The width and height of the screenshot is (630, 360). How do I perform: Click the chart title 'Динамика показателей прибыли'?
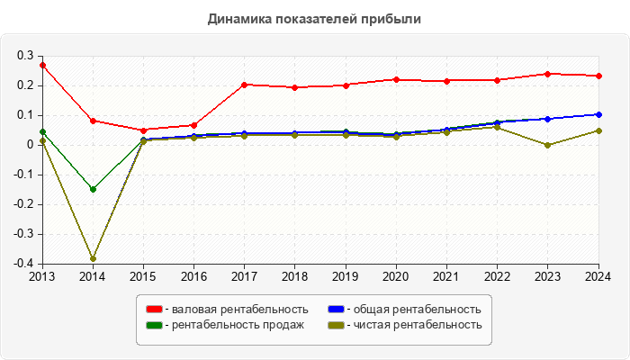coord(314,18)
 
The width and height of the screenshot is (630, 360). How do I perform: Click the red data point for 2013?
coord(42,65)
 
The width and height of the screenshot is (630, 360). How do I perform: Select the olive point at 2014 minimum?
coord(93,259)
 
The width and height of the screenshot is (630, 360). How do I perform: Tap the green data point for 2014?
coord(93,189)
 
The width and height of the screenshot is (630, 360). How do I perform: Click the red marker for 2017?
coord(245,85)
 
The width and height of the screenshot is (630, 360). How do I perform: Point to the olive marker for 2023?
coord(547,145)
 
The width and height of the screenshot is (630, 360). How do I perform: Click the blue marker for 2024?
coord(598,114)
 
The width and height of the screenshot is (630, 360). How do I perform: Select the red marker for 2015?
coord(143,130)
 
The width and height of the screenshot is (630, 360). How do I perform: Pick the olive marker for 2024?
coord(598,130)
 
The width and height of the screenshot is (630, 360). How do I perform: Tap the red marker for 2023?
coord(547,74)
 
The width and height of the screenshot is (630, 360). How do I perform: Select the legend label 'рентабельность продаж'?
coord(237,325)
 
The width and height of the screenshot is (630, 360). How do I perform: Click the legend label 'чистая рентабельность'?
coord(417,325)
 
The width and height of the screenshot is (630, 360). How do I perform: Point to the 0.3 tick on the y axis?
coord(24,56)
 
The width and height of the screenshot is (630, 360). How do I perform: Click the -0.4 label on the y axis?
coord(22,264)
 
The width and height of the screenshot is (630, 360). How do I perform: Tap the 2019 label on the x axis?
coord(346,275)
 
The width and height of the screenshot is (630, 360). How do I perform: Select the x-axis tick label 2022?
coord(497,275)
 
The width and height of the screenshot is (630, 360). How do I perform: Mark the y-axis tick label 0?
coord(30,145)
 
